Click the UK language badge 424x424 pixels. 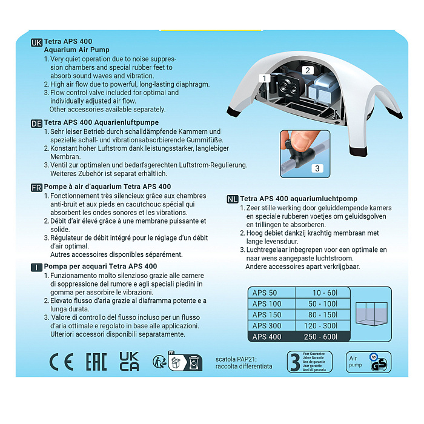pyautogui.click(x=37, y=42)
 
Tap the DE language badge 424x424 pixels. pyautogui.click(x=37, y=123)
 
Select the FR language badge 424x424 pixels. pyautogui.click(x=37, y=187)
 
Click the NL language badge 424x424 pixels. pyautogui.click(x=232, y=199)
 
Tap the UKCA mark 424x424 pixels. pyautogui.click(x=129, y=362)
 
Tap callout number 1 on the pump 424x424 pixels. pyautogui.click(x=264, y=78)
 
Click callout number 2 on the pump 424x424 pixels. pyautogui.click(x=308, y=70)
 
